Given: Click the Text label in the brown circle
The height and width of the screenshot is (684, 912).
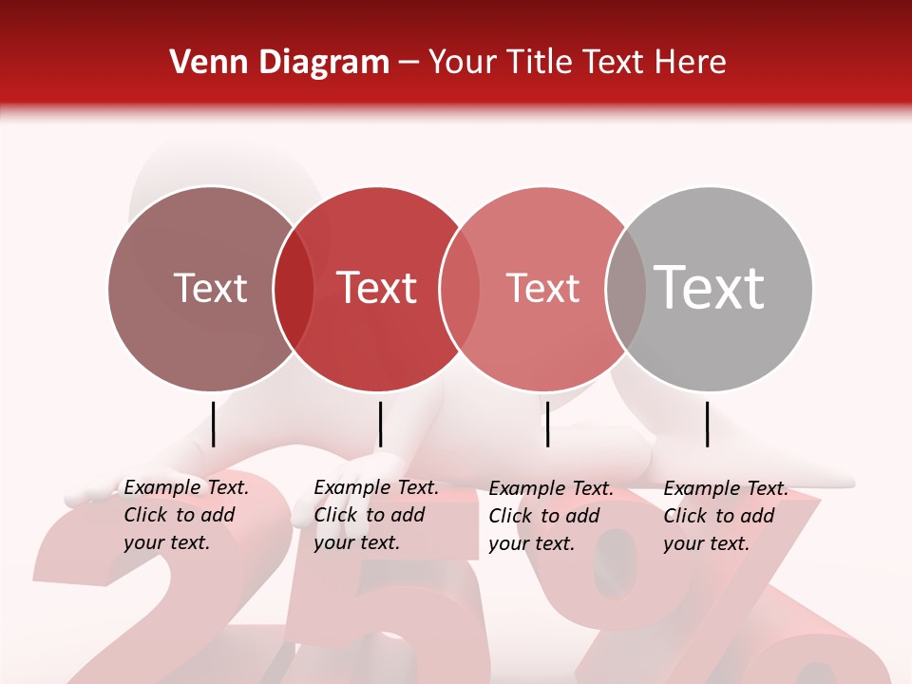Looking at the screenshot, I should pyautogui.click(x=210, y=288).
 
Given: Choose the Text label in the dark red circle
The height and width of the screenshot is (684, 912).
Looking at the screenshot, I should pyautogui.click(x=376, y=288).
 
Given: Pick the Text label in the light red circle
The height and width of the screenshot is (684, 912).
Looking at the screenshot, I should pyautogui.click(x=542, y=288).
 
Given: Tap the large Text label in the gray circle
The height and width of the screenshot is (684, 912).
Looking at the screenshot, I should pyautogui.click(x=710, y=288).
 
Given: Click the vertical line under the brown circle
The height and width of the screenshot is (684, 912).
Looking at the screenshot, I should pyautogui.click(x=214, y=424).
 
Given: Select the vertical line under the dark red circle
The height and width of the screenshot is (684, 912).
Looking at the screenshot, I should pyautogui.click(x=380, y=424).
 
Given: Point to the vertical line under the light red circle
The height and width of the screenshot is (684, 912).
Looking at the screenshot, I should pyautogui.click(x=547, y=424).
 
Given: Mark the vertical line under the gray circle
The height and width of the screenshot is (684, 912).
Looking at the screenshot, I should pyautogui.click(x=708, y=424).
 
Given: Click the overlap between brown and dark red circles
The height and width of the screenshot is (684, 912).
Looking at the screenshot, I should pyautogui.click(x=294, y=288).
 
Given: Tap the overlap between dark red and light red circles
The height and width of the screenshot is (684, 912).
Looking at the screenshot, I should pyautogui.click(x=460, y=288).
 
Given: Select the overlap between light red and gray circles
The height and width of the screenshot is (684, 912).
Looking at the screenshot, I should pyautogui.click(x=626, y=288).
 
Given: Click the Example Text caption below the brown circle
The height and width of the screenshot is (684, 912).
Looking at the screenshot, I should pyautogui.click(x=185, y=515).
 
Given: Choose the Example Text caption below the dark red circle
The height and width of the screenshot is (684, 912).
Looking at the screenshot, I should pyautogui.click(x=375, y=515).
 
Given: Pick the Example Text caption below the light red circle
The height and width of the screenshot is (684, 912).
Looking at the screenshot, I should pyautogui.click(x=550, y=516).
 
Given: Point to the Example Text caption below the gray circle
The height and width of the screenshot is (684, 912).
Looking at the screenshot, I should pyautogui.click(x=725, y=516).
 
